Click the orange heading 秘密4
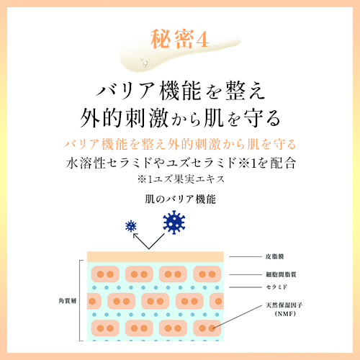(x=179, y=39)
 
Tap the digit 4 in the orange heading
(x=202, y=40)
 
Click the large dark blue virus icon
(x=174, y=222)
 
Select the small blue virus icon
(x=131, y=226)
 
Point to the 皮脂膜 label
(x=275, y=256)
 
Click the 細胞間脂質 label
(x=281, y=274)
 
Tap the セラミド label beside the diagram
(x=276, y=287)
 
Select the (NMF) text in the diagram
(x=285, y=313)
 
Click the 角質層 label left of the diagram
(x=68, y=301)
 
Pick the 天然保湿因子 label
(x=284, y=305)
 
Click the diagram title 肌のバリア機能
(x=180, y=199)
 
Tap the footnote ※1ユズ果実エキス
(x=181, y=179)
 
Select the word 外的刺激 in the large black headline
(x=124, y=118)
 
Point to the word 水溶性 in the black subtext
(x=86, y=163)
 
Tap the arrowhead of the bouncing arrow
(x=135, y=235)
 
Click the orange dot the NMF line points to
(x=212, y=328)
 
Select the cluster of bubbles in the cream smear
(x=145, y=62)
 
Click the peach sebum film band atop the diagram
(x=156, y=257)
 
